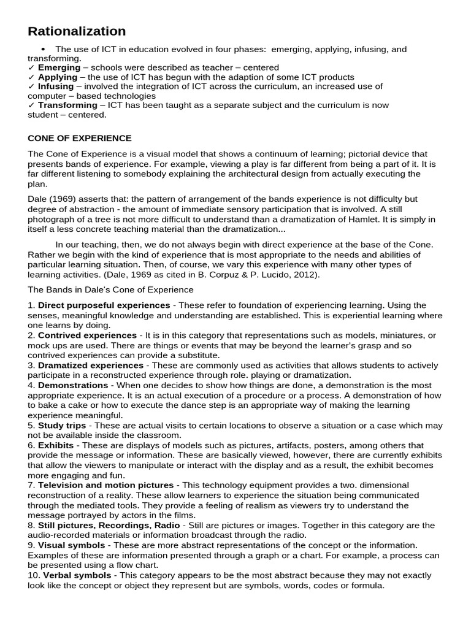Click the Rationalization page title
(77, 31)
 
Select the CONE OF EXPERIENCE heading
(80, 138)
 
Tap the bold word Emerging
(59, 67)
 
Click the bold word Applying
(58, 77)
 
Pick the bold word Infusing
(56, 86)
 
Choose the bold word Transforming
(67, 105)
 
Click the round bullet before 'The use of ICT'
(43, 49)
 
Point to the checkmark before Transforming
(31, 105)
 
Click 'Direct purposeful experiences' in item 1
(104, 305)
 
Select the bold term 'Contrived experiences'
(87, 335)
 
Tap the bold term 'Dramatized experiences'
(91, 365)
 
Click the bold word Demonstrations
(73, 385)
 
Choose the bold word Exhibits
(56, 445)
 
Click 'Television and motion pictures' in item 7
(105, 484)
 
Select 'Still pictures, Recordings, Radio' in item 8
(109, 525)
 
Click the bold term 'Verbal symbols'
(74, 575)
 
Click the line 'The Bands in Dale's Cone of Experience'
(111, 289)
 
